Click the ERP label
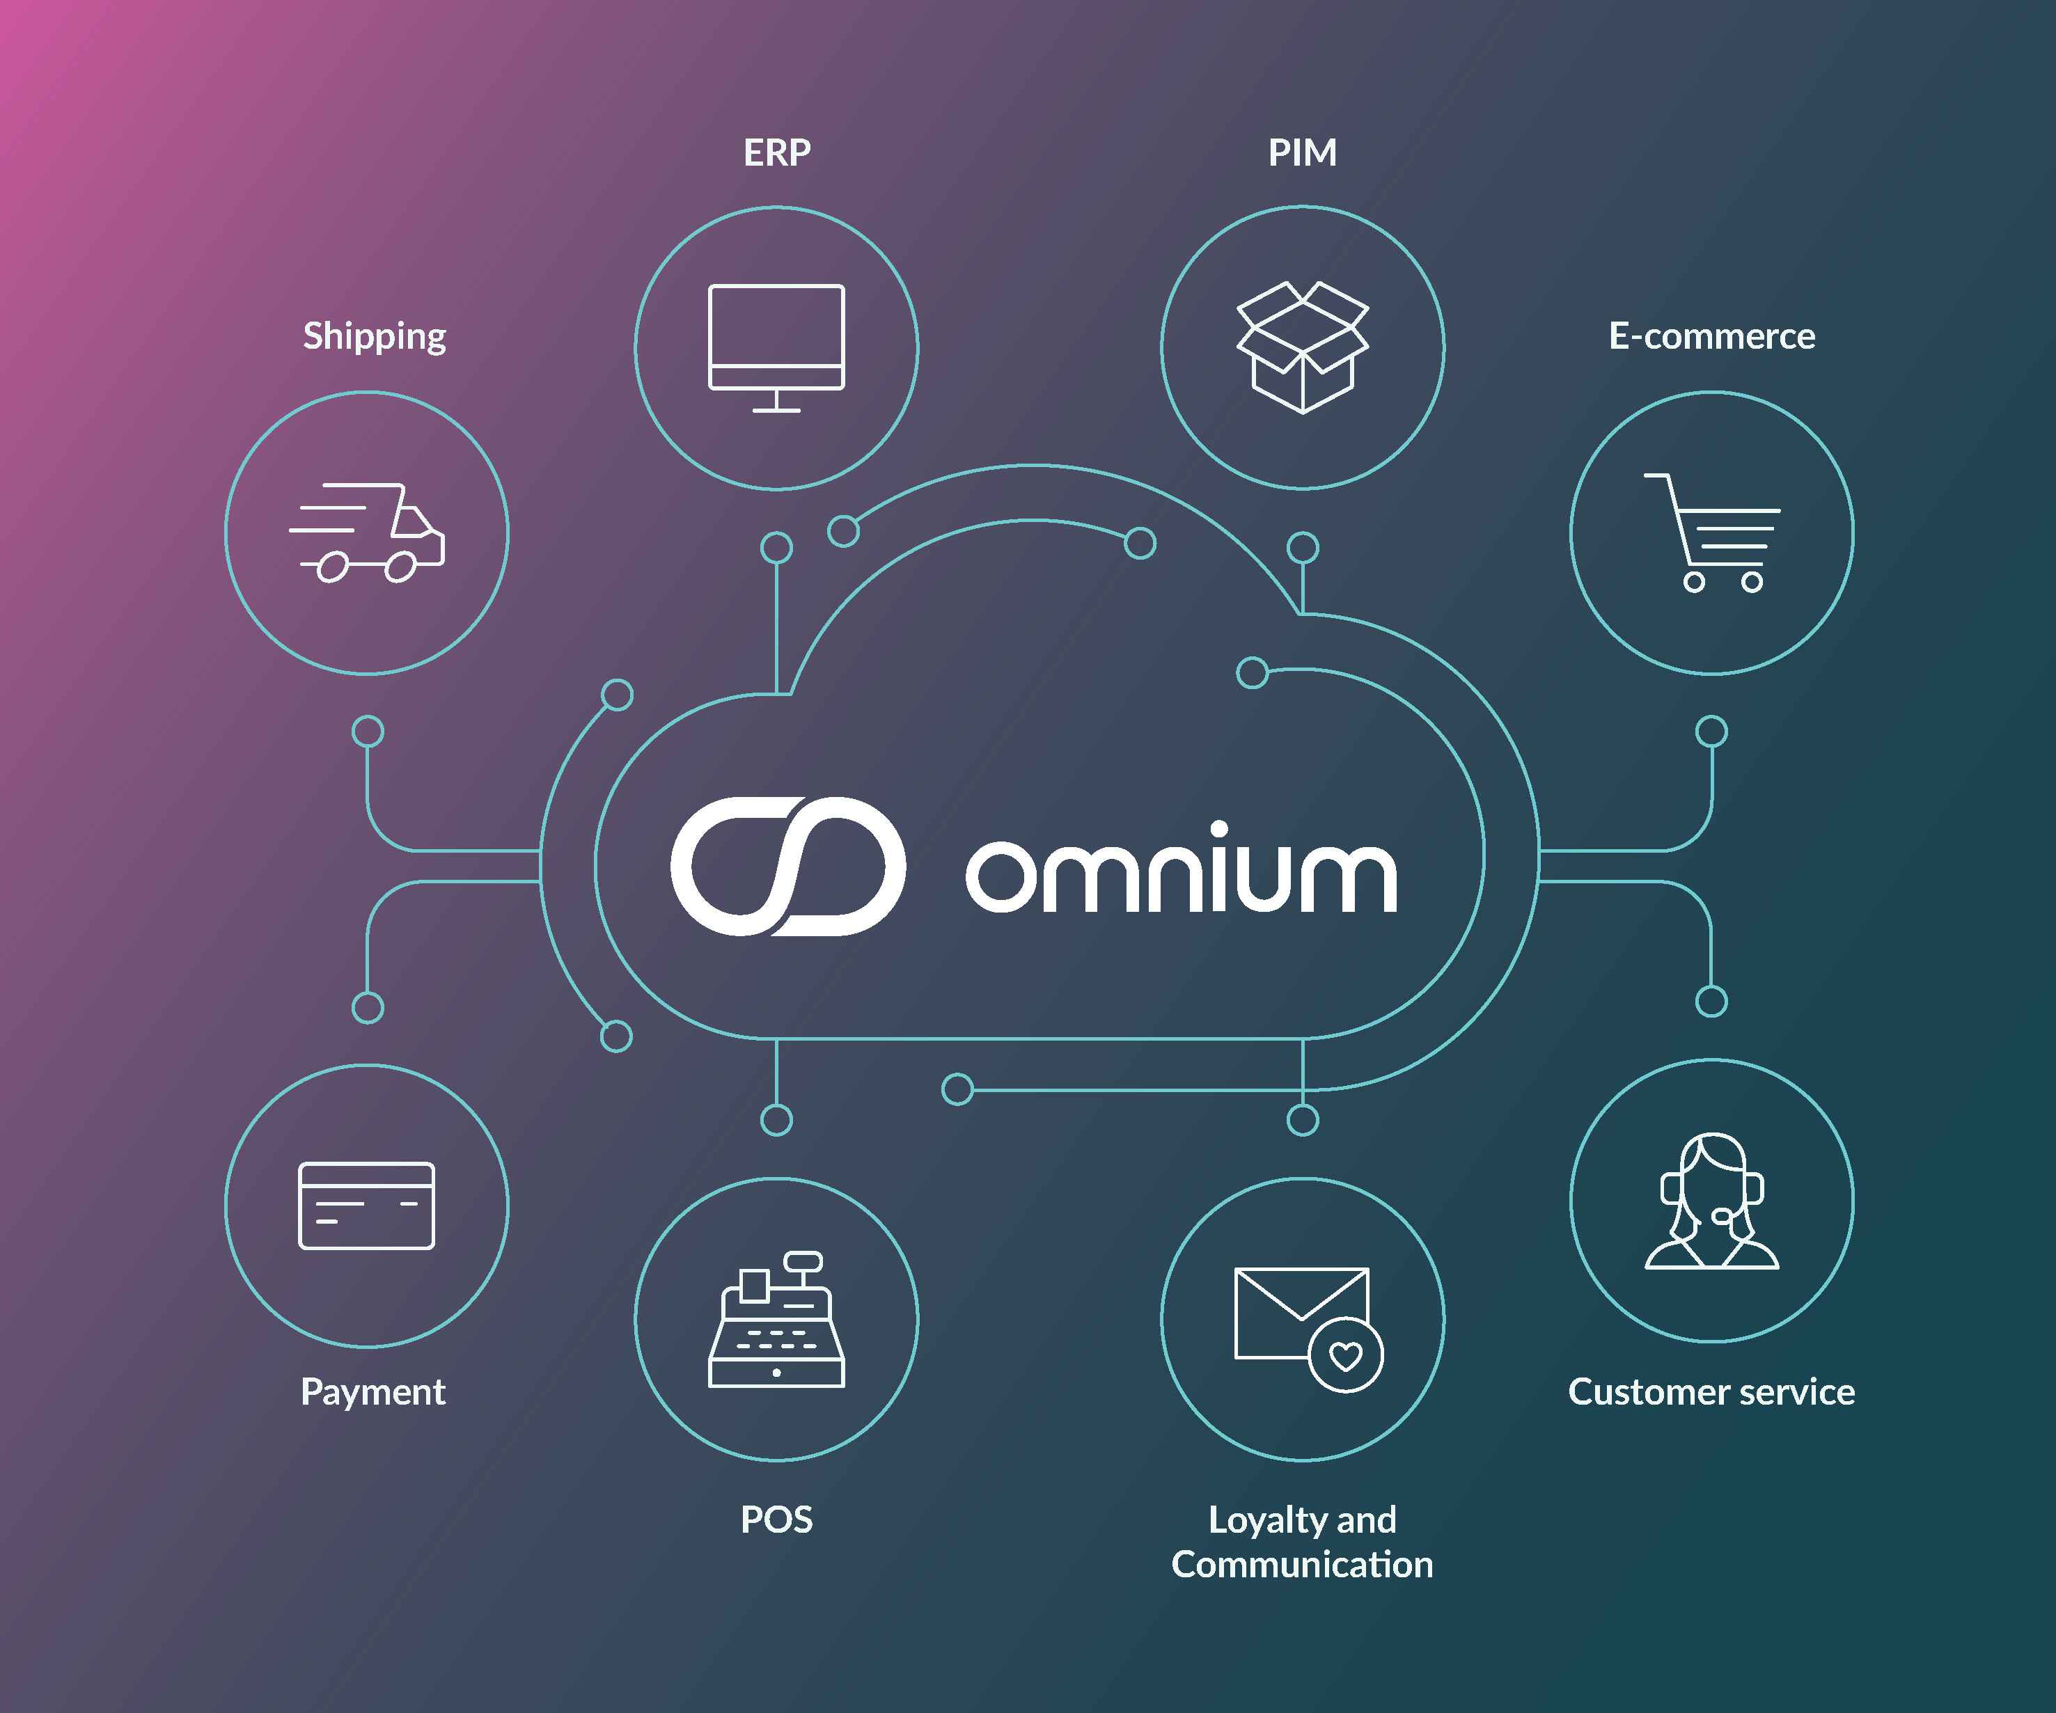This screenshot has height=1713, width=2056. tap(776, 152)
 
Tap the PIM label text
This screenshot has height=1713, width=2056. tap(1302, 152)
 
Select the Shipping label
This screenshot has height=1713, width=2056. tap(374, 336)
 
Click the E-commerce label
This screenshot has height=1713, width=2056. tap(1711, 336)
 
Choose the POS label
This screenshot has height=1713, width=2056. tap(776, 1519)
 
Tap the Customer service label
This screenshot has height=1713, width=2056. tap(1711, 1391)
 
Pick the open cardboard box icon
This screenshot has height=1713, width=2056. tap(1302, 347)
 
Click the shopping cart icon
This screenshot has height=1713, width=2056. tap(1713, 533)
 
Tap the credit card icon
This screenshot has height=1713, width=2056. tap(366, 1205)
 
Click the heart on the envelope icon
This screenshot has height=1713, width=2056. tap(1345, 1356)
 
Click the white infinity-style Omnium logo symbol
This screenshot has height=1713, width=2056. tap(788, 867)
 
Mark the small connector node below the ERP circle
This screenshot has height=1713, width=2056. tap(776, 547)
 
